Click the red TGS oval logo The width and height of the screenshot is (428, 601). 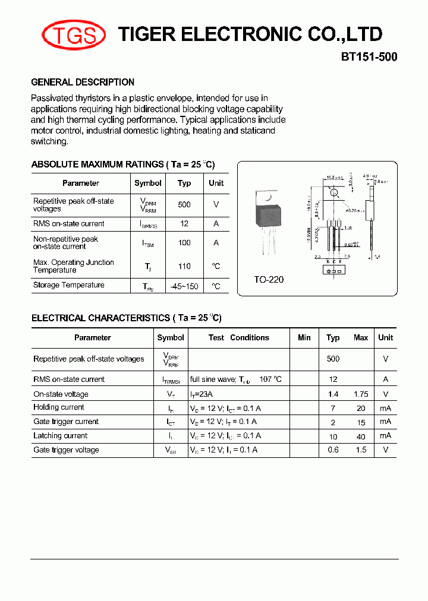click(74, 35)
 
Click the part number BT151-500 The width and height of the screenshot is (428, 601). click(369, 58)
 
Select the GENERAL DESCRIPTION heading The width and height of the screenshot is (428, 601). click(83, 82)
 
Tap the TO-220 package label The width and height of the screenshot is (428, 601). click(269, 279)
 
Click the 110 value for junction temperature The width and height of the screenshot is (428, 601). click(184, 267)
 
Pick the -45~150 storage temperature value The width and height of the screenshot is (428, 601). click(184, 286)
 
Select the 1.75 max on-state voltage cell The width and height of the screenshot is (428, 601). click(361, 394)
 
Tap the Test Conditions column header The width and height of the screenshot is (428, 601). click(239, 337)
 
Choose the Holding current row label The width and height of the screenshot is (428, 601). click(59, 407)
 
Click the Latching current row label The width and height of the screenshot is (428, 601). click(60, 436)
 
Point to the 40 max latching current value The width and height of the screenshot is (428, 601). click(361, 436)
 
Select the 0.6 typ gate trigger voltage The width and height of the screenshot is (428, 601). click(333, 450)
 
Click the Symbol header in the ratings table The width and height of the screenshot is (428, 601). click(148, 183)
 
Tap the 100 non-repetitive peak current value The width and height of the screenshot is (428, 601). click(184, 242)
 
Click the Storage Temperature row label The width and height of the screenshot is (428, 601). click(69, 285)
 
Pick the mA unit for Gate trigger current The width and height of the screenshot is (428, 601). click(386, 422)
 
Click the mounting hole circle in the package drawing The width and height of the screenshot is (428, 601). click(334, 192)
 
